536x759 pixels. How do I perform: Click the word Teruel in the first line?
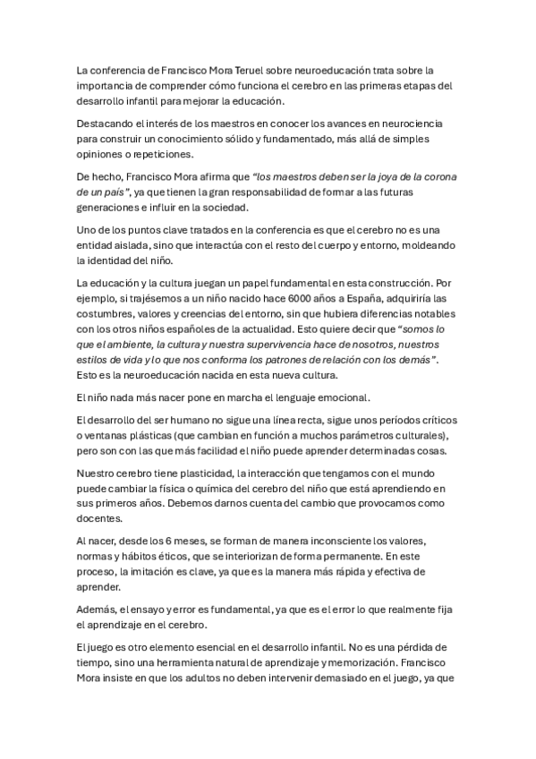pyautogui.click(x=241, y=69)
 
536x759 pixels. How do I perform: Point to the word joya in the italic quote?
pyautogui.click(x=380, y=176)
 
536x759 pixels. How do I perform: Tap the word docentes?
pyautogui.click(x=103, y=520)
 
